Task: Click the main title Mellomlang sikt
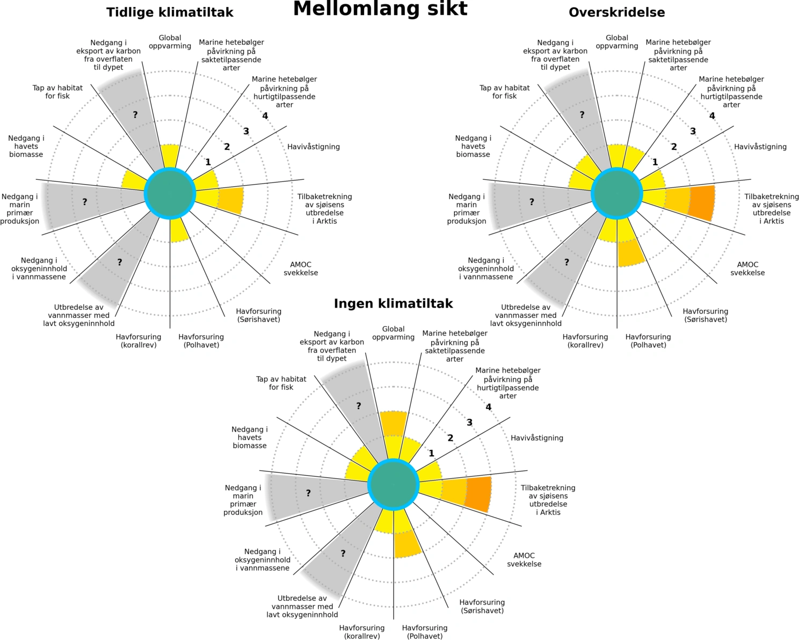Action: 380,9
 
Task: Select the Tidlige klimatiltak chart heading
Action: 170,12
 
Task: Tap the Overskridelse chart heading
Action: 616,12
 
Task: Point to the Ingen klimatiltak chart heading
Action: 393,304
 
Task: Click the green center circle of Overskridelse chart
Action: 617,193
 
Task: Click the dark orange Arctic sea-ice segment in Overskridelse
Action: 702,203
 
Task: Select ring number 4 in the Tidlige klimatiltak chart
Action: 265,116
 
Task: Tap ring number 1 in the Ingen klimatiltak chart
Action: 431,454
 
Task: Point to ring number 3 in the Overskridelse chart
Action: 693,132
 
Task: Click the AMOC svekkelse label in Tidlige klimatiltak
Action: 301,268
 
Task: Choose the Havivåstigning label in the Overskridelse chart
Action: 760,147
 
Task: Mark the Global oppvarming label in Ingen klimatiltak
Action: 393,333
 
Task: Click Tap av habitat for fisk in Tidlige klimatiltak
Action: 57,92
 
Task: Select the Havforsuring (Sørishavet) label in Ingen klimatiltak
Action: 482,606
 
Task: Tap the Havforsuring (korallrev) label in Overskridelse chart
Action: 585,341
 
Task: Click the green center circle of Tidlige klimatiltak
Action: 170,193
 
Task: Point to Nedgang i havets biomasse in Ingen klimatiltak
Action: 250,437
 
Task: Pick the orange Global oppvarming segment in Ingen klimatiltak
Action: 393,424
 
